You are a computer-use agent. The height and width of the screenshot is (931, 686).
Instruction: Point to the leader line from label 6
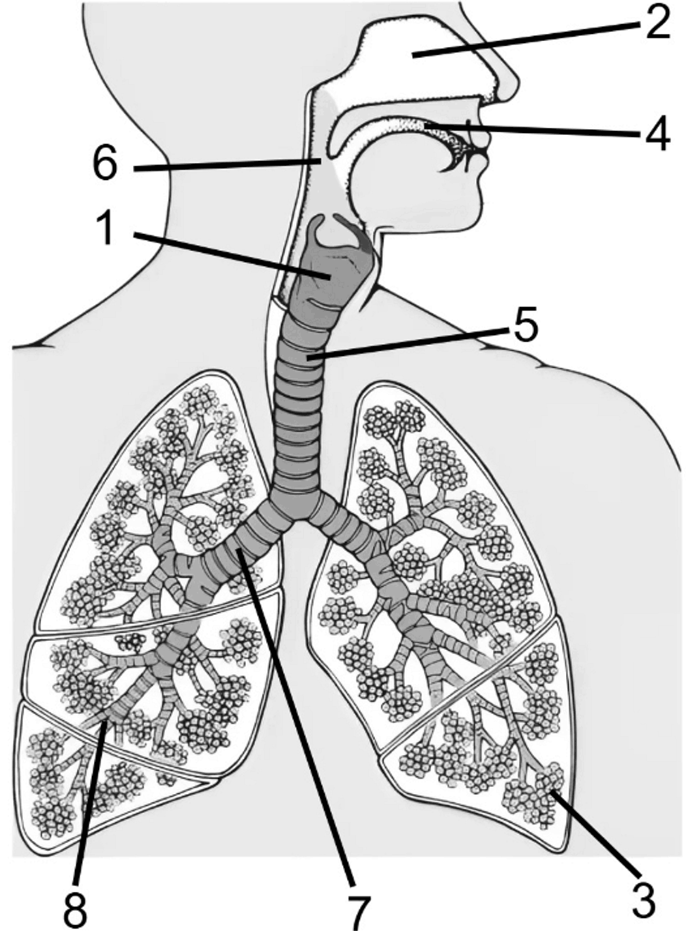(x=227, y=164)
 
